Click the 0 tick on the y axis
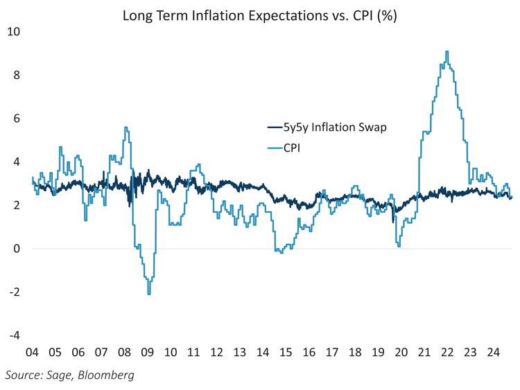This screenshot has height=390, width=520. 17,249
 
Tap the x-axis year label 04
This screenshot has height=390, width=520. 31,352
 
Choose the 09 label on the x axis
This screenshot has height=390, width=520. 147,352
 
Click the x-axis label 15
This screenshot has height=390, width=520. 286,352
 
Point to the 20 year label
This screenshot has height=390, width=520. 401,352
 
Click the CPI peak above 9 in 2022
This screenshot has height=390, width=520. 447,51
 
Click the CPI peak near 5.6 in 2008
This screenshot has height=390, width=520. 125,127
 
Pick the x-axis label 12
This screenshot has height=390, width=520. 216,352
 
